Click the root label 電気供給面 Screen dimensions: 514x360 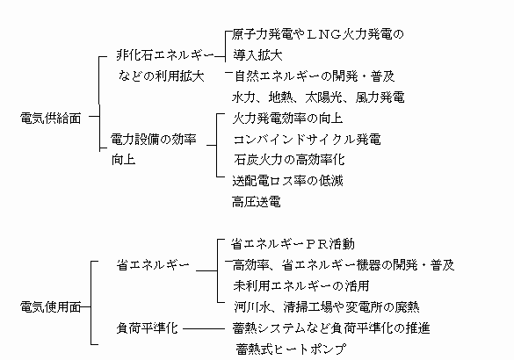pos(50,119)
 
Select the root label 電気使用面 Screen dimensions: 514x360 pos(50,307)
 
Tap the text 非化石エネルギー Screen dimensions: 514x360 pos(165,55)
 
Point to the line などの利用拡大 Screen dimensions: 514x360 pos(161,76)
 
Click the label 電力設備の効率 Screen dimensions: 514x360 pos(154,140)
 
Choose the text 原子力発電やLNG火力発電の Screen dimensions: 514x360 pos(318,34)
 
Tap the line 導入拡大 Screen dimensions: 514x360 pos(257,55)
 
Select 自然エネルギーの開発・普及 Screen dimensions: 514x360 pos(315,76)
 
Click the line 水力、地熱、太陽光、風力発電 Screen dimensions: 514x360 pos(318,97)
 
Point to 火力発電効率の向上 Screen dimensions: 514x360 pos(288,119)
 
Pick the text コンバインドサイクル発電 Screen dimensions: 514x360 pos(308,140)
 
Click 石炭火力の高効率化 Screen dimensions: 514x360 pos(289,160)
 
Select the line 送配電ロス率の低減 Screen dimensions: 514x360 pos(288,181)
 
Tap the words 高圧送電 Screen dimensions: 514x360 pos(257,202)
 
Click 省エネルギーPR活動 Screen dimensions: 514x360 pos(293,244)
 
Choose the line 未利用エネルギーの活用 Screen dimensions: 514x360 pos(301,286)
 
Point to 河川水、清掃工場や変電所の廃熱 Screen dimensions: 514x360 pos(327,307)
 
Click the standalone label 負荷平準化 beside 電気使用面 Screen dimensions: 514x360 pos(148,328)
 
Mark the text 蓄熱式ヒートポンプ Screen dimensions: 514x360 pos(291,349)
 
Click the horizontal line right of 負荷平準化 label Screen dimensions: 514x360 pos(204,329)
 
